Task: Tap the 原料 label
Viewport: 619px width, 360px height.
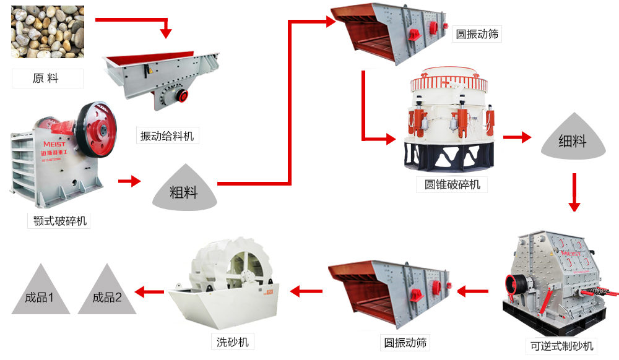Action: point(47,78)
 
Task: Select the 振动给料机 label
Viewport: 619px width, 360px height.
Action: point(167,136)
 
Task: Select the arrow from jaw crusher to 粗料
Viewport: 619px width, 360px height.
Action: point(129,181)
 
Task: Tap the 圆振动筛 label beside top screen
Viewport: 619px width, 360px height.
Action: point(476,34)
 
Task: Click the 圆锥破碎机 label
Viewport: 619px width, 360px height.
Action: point(451,184)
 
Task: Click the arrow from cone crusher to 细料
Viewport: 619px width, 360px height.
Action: point(517,137)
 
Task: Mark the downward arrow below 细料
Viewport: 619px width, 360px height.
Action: point(574,192)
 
